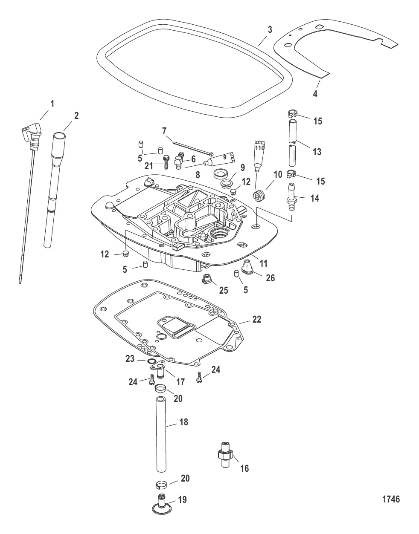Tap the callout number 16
click(244, 468)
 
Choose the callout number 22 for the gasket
click(256, 319)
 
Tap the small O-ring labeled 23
click(151, 361)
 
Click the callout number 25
click(224, 290)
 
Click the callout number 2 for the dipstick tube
click(76, 115)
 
